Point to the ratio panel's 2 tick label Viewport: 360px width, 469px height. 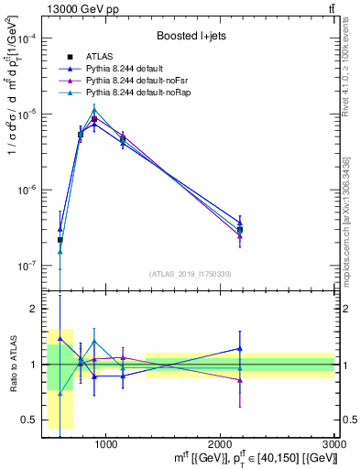32,309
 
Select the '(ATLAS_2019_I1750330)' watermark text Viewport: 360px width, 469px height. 190,274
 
